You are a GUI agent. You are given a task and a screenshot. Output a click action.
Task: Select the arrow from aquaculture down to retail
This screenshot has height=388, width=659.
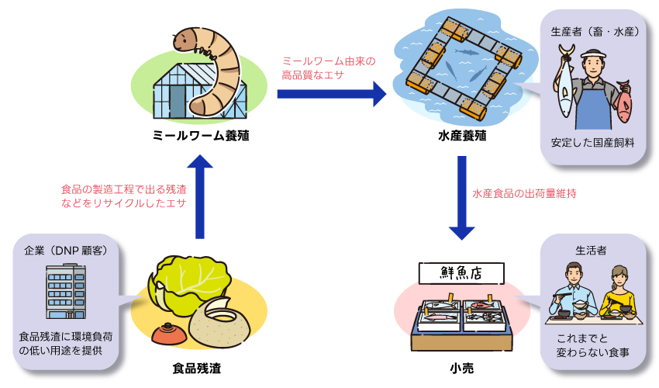click(461, 198)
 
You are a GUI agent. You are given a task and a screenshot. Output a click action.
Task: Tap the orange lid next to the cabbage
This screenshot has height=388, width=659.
click(167, 334)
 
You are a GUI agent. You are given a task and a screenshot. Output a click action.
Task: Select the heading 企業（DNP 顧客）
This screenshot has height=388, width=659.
click(67, 251)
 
